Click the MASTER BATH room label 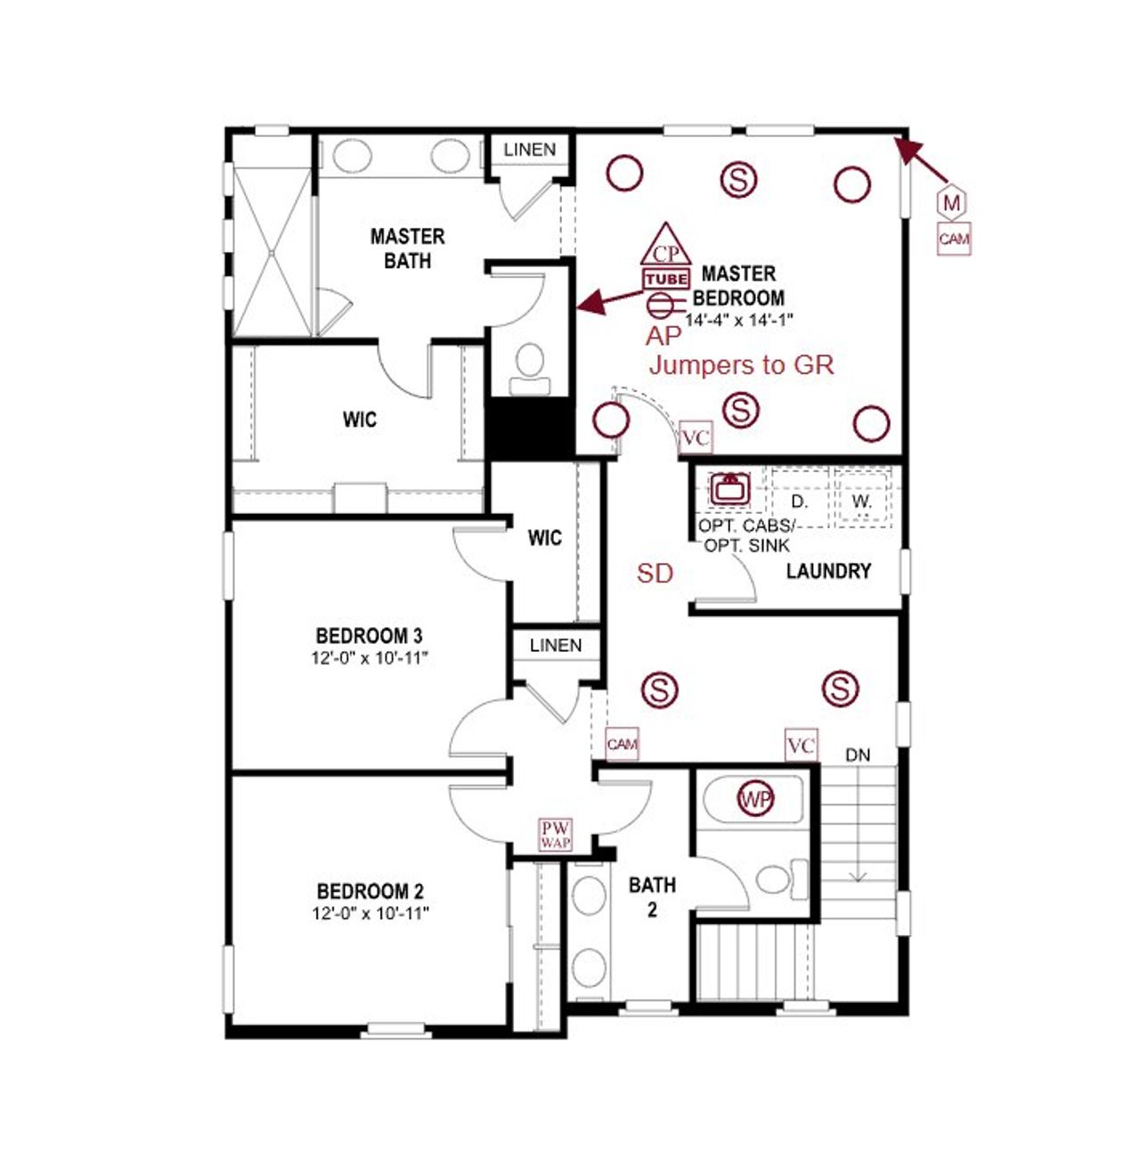click(x=407, y=249)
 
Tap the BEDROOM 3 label click(x=369, y=636)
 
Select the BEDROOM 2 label click(x=370, y=891)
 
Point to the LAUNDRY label click(x=827, y=571)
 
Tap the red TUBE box click(x=665, y=279)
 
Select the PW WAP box click(x=556, y=835)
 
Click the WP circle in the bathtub click(x=755, y=799)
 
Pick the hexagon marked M click(x=952, y=203)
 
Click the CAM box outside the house click(x=954, y=239)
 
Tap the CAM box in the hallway click(x=622, y=744)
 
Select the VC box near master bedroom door click(x=695, y=438)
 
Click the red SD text click(x=655, y=574)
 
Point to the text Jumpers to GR click(x=741, y=364)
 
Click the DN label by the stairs click(x=857, y=755)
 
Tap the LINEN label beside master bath click(x=529, y=150)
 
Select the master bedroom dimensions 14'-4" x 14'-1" click(x=738, y=319)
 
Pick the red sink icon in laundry click(x=729, y=488)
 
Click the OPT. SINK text click(x=746, y=545)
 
